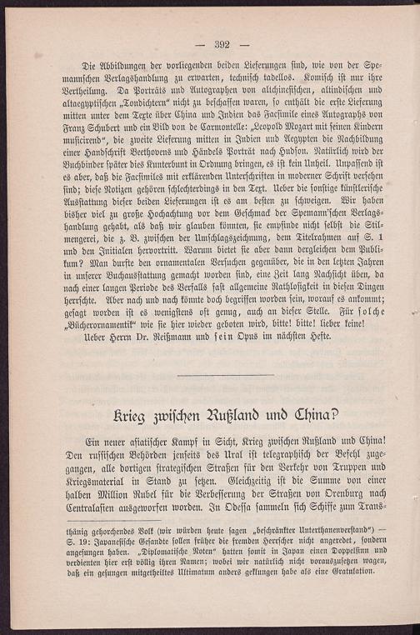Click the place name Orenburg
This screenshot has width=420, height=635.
pos(326,492)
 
